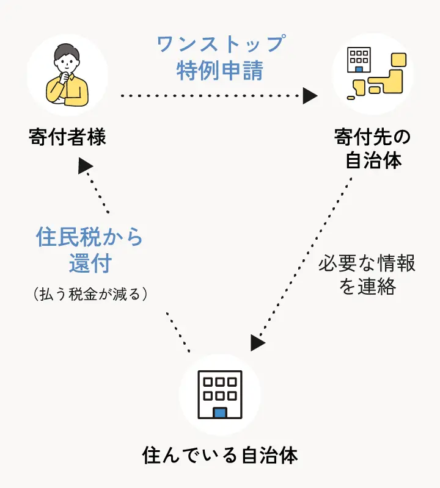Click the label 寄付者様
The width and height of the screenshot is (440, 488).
[x=67, y=137]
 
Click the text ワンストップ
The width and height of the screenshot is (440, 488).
[x=221, y=45]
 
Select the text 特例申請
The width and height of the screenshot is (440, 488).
[x=220, y=71]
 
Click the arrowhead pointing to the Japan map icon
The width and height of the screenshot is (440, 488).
[x=310, y=96]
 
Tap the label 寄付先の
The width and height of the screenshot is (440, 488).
[x=373, y=137]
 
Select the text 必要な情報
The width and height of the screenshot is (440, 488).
[x=367, y=264]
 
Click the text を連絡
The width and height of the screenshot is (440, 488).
[x=367, y=287]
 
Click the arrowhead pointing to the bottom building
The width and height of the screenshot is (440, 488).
[x=257, y=343]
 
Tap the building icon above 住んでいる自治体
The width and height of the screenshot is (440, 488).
[x=220, y=394]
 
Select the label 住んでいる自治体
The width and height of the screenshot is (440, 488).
[x=220, y=455]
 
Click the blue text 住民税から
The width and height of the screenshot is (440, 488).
[x=89, y=237]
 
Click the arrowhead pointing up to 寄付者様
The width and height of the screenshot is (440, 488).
[x=85, y=165]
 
